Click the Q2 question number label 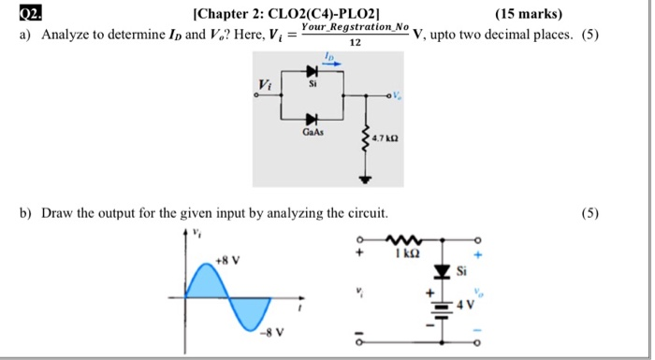click(x=30, y=13)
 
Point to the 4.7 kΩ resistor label click(x=386, y=138)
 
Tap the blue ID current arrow click(x=331, y=63)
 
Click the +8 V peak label click(x=226, y=259)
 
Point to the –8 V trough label click(x=272, y=332)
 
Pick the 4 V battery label click(x=465, y=306)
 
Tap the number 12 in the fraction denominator click(x=354, y=43)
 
